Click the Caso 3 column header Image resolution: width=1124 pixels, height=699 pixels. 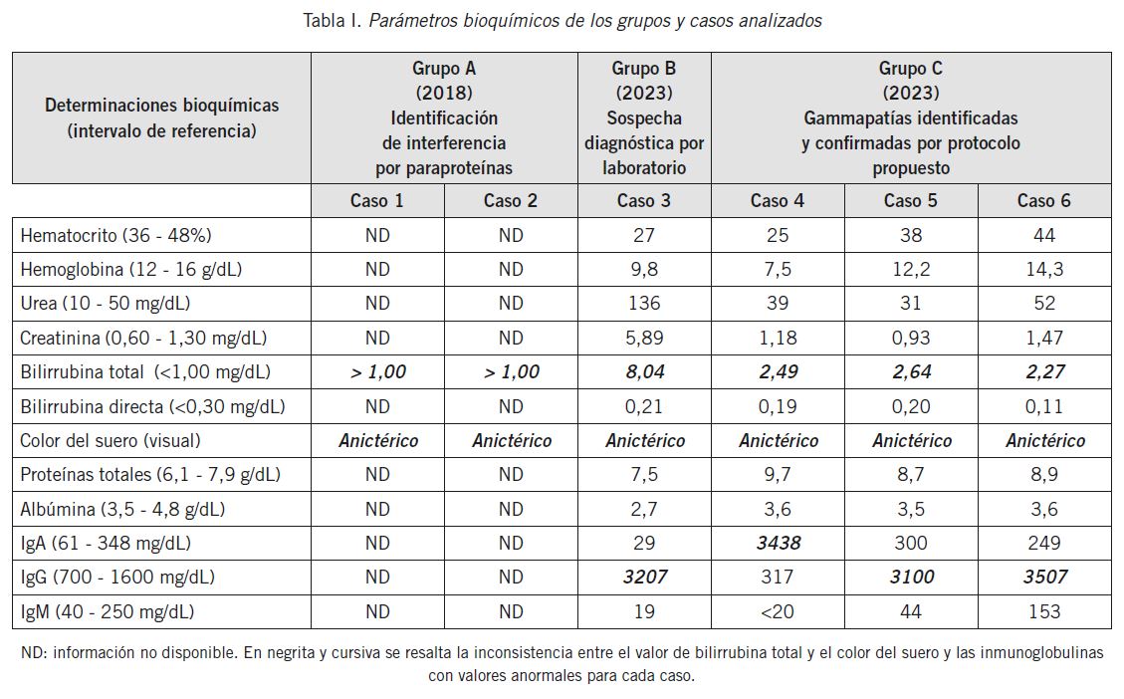pyautogui.click(x=643, y=201)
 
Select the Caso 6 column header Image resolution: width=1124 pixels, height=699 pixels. pyautogui.click(x=1043, y=201)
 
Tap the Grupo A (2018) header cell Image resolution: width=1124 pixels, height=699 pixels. pyautogui.click(x=444, y=118)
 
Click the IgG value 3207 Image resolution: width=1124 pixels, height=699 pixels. pyautogui.click(x=643, y=578)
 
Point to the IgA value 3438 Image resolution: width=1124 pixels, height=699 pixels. pyautogui.click(x=778, y=544)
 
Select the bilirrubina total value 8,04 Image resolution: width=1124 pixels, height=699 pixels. pyautogui.click(x=643, y=372)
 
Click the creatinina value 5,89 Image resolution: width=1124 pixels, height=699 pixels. pyautogui.click(x=643, y=338)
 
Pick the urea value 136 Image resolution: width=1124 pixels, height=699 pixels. pyautogui.click(x=643, y=304)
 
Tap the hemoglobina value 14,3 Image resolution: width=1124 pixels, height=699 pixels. pyautogui.click(x=1043, y=270)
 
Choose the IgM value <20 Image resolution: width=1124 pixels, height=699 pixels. pyautogui.click(x=778, y=611)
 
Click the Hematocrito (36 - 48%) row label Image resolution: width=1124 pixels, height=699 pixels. pyautogui.click(x=115, y=236)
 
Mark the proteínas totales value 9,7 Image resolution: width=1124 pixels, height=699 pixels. pyautogui.click(x=778, y=475)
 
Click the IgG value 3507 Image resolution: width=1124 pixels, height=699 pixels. pyautogui.click(x=1043, y=578)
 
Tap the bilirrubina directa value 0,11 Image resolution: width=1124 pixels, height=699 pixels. pyautogui.click(x=1043, y=406)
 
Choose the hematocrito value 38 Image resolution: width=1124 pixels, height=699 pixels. pyautogui.click(x=910, y=236)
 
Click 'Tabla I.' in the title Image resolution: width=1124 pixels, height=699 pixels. pyautogui.click(x=333, y=21)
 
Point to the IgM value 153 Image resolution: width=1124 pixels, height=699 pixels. pyautogui.click(x=1043, y=611)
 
